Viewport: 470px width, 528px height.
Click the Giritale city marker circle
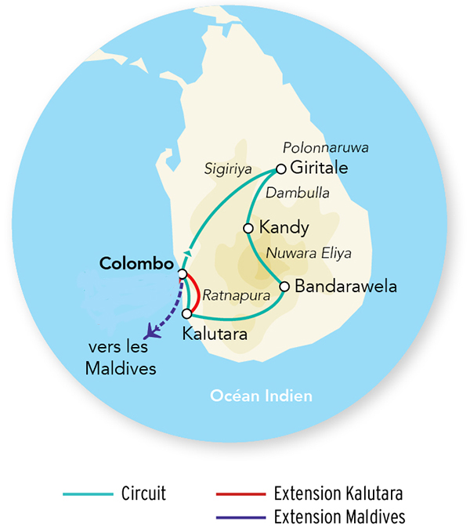(x=280, y=168)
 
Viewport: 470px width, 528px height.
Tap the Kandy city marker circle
(x=248, y=228)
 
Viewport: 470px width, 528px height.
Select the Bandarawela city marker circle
(x=284, y=286)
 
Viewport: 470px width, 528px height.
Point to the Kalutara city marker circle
(x=186, y=313)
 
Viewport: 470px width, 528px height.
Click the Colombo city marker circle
(x=183, y=274)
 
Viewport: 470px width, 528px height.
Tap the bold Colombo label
(x=136, y=264)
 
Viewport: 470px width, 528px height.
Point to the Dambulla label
(x=298, y=192)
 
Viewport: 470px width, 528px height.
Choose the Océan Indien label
(x=261, y=396)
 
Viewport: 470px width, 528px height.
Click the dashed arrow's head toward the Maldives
(x=152, y=332)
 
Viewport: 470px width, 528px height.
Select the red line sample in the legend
(x=239, y=494)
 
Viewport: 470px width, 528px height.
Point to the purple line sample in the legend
(x=239, y=516)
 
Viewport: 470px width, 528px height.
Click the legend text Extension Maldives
(x=339, y=516)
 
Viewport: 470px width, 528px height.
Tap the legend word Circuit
(x=143, y=494)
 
